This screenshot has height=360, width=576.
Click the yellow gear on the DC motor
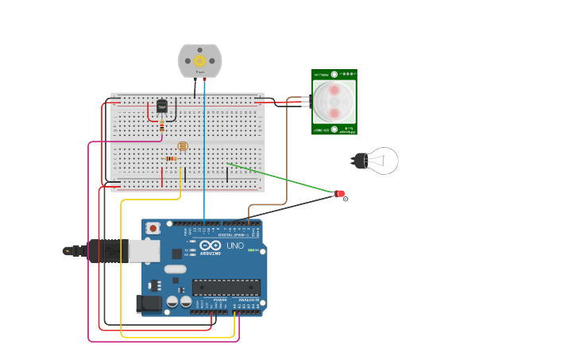pos(200,60)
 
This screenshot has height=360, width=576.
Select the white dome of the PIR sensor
pos(334,101)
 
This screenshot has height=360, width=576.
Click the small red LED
pos(340,193)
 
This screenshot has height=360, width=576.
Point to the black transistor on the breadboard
pos(162,106)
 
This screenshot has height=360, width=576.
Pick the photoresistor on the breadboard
pos(183,146)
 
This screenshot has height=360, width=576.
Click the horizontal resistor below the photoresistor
pos(171,158)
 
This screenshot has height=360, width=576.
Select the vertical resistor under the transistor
pos(162,125)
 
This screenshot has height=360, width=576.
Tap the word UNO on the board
pos(235,246)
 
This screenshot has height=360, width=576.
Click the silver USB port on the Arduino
pos(144,251)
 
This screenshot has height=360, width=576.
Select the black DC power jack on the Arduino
pos(149,303)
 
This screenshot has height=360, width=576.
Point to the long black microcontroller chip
pos(226,287)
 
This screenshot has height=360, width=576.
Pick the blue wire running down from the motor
pos(204,159)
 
